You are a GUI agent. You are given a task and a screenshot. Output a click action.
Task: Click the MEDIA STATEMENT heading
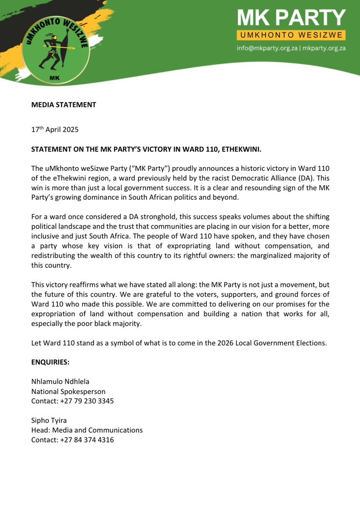(x=64, y=105)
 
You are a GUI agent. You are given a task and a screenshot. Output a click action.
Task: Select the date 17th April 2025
(x=55, y=130)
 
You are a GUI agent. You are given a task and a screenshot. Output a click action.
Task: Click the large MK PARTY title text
(x=292, y=17)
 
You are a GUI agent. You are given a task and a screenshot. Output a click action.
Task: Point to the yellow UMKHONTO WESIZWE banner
(x=291, y=35)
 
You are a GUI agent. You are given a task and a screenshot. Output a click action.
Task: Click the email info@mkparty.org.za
(x=267, y=48)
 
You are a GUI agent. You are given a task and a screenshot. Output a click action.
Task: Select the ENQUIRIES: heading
(x=50, y=363)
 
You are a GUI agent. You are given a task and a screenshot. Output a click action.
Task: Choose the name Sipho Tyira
(x=49, y=420)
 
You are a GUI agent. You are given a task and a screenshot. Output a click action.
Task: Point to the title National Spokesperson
(x=68, y=391)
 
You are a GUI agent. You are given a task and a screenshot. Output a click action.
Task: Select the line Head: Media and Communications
(x=87, y=430)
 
